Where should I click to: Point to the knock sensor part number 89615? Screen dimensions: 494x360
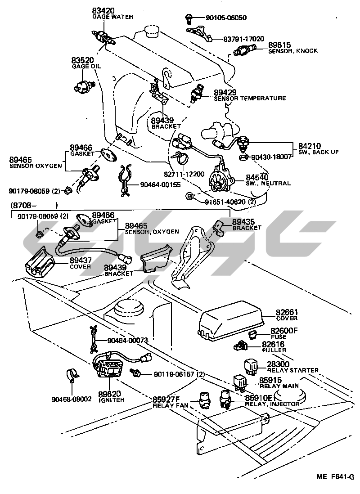coord(279,45)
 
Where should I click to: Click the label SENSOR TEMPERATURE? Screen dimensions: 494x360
coord(250,98)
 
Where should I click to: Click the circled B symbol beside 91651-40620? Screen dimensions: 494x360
coord(190,196)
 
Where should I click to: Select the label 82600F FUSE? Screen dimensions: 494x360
coord(284,333)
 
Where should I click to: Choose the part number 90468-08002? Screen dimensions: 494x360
coord(72,399)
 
